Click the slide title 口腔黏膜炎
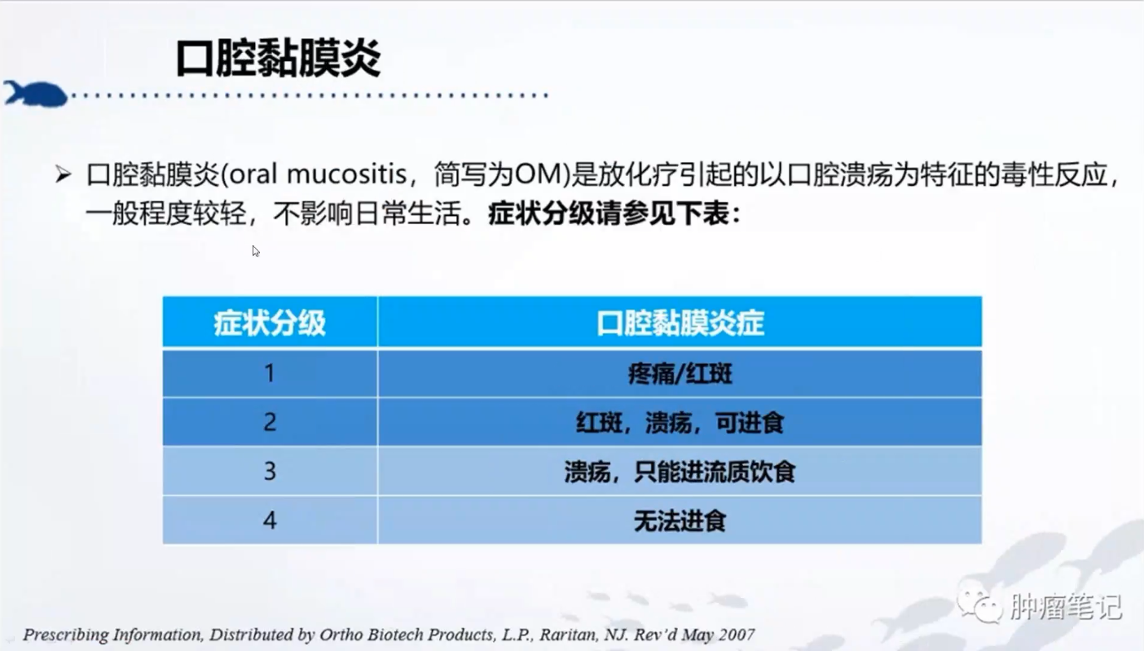coord(279,58)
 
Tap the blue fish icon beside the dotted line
coord(35,94)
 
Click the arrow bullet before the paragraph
coord(64,174)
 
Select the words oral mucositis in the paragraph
coord(317,174)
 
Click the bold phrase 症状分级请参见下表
coord(609,213)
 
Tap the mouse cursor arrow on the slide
coord(255,251)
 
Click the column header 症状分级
coord(270,323)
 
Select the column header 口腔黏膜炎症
coord(680,323)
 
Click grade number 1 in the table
coord(270,373)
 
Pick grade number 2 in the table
coord(270,422)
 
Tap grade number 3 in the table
coord(270,471)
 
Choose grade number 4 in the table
coord(270,521)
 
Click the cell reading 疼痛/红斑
coord(680,374)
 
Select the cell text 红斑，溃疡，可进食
coord(680,423)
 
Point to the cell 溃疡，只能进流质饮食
coord(680,472)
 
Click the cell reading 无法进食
coord(680,521)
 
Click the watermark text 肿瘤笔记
coord(1066,606)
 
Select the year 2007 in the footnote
coord(737,635)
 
